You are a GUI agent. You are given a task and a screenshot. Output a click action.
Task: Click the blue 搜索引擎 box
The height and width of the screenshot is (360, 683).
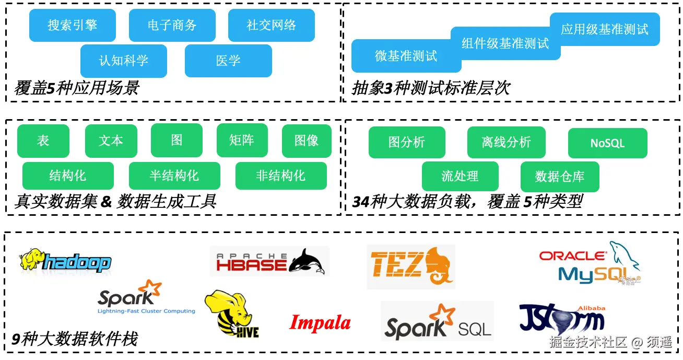pos(72,25)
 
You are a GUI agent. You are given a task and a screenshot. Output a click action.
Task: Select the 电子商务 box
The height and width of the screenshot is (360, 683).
pos(172,25)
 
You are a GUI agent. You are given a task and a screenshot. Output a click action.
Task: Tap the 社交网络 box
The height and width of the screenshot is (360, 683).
pos(271,25)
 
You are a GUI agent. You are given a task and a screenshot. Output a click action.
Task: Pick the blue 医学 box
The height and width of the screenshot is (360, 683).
pos(228,61)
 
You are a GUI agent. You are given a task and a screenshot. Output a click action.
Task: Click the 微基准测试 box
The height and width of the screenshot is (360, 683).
pos(406,56)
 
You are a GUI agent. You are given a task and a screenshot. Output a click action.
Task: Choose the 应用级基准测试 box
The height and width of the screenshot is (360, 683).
pos(605,29)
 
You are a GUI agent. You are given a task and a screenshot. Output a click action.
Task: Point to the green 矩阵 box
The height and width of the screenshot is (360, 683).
pos(242,141)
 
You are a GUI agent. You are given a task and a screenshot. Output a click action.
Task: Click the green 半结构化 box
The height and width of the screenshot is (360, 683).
pos(174,176)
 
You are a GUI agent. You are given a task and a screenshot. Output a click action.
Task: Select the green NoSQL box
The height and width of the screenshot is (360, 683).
pos(607,143)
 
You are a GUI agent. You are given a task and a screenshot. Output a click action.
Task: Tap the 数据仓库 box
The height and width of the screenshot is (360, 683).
pos(560,177)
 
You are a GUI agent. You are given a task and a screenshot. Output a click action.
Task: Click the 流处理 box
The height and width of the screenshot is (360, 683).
pos(460,176)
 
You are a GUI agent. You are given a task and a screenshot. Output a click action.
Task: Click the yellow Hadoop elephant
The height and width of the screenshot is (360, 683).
pos(31,259)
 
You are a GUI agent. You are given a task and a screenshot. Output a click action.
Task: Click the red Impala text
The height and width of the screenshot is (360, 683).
pos(320,323)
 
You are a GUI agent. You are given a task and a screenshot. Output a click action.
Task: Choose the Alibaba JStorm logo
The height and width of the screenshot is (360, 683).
pos(562,319)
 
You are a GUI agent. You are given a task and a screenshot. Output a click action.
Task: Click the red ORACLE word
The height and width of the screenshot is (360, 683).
pos(572,256)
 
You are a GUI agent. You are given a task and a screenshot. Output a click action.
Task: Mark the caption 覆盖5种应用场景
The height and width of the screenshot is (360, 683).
pos(76,88)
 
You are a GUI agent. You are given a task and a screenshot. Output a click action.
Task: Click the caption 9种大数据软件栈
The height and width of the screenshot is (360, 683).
pos(75,340)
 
